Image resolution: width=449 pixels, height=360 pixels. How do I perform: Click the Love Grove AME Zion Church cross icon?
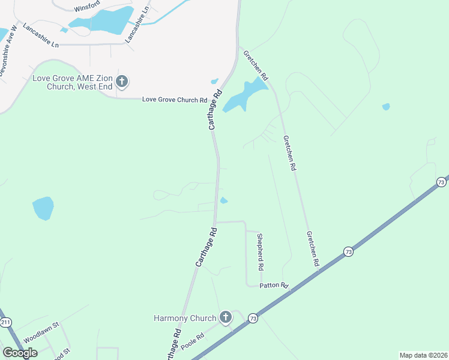(122, 81)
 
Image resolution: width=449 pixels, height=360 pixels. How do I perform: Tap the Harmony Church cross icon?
(226, 317)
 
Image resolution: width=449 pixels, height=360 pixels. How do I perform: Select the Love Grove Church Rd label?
(174, 100)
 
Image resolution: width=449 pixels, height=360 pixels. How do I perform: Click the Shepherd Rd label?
(261, 251)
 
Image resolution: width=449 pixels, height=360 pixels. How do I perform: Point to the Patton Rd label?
(274, 286)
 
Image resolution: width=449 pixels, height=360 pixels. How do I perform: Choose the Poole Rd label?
(193, 341)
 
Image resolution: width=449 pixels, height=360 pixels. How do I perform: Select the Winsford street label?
(87, 8)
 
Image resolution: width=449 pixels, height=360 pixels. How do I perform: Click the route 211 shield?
(5, 323)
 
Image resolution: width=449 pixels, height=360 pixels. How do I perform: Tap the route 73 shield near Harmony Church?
(253, 317)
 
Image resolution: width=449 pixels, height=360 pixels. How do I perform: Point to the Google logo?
(20, 353)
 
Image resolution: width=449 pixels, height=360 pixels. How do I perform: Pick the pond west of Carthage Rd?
(43, 208)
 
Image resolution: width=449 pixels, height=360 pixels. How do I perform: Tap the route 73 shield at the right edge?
(441, 181)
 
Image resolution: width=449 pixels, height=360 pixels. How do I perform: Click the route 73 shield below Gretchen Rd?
(349, 252)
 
